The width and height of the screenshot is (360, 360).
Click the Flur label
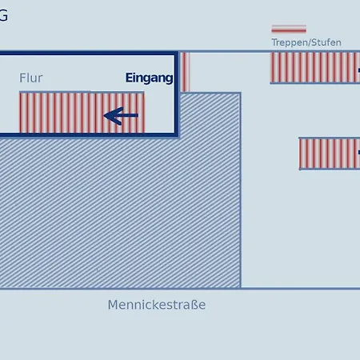pyautogui.click(x=31, y=78)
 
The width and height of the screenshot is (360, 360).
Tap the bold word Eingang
pyautogui.click(x=149, y=78)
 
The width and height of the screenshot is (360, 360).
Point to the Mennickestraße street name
pyautogui.click(x=157, y=305)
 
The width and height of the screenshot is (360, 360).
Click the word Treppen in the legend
pyautogui.click(x=290, y=42)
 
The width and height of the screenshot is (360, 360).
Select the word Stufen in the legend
pyautogui.click(x=326, y=42)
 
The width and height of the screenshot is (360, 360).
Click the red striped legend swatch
pyautogui.click(x=289, y=29)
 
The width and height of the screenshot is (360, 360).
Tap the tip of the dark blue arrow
pyautogui.click(x=104, y=115)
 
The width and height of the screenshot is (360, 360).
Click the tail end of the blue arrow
pyautogui.click(x=138, y=115)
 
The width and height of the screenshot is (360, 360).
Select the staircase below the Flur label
pyautogui.click(x=82, y=112)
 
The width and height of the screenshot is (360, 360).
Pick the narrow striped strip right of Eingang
pyautogui.click(x=186, y=72)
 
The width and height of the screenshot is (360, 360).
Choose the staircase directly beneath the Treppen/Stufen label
pyautogui.click(x=315, y=68)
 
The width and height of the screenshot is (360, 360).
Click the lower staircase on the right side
pyautogui.click(x=330, y=154)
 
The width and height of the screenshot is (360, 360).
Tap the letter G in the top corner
pyautogui.click(x=3, y=15)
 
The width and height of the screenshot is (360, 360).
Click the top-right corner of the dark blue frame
pyautogui.click(x=177, y=53)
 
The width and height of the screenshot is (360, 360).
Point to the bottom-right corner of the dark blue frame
pyautogui.click(x=177, y=135)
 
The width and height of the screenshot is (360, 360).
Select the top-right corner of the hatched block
pyautogui.click(x=241, y=93)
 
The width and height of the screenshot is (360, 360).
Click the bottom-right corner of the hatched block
pyautogui.click(x=241, y=288)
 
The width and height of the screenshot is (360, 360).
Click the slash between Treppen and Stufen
pyautogui.click(x=309, y=42)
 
